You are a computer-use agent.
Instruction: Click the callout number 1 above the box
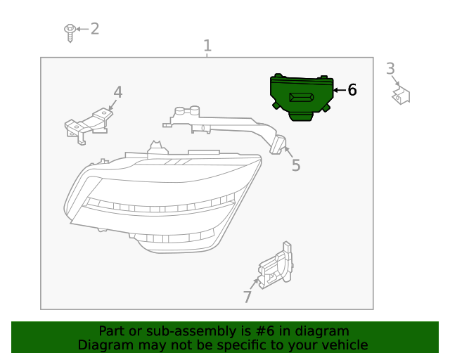pos(207,46)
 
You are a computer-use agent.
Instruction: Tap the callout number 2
pos(95,29)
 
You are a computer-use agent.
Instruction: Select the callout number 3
pos(391,69)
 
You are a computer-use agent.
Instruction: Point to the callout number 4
pos(118,92)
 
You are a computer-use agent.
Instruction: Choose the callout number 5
pos(296,165)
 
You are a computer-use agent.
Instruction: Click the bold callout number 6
pos(352,90)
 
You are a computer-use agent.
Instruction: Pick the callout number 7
pos(247,297)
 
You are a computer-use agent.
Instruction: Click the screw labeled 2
pos(70,33)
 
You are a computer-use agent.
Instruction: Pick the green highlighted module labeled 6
pos(302,97)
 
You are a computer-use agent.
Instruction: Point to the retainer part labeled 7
pos(276,266)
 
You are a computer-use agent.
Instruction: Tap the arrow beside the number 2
pos(82,29)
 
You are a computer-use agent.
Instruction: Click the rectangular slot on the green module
pos(301,97)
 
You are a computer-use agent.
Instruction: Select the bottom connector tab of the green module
pos(301,117)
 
